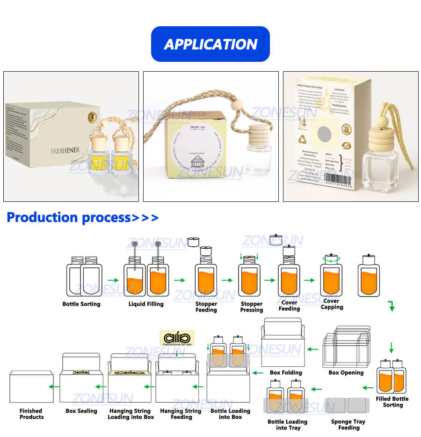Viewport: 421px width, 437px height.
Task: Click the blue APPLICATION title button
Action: pyautogui.click(x=210, y=44)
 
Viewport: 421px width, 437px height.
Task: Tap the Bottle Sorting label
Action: pyautogui.click(x=81, y=304)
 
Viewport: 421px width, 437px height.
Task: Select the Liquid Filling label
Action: pyautogui.click(x=146, y=304)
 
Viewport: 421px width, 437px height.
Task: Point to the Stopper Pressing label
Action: pyautogui.click(x=252, y=307)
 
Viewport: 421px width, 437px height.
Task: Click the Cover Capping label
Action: pyautogui.click(x=332, y=304)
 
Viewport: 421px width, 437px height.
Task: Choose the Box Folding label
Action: pyautogui.click(x=286, y=373)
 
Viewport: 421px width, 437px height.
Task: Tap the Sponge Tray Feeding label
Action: pyautogui.click(x=348, y=424)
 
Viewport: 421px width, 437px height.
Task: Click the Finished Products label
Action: pyautogui.click(x=31, y=414)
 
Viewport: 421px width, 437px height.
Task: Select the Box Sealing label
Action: pyautogui.click(x=81, y=411)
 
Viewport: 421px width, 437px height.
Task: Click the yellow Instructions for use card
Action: pyautogui.click(x=177, y=338)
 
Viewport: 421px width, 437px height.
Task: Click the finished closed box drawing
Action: pyautogui.click(x=31, y=386)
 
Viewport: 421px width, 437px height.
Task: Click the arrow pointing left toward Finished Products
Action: pyautogui.click(x=55, y=386)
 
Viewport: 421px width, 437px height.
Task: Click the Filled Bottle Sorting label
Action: pyautogui.click(x=392, y=402)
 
